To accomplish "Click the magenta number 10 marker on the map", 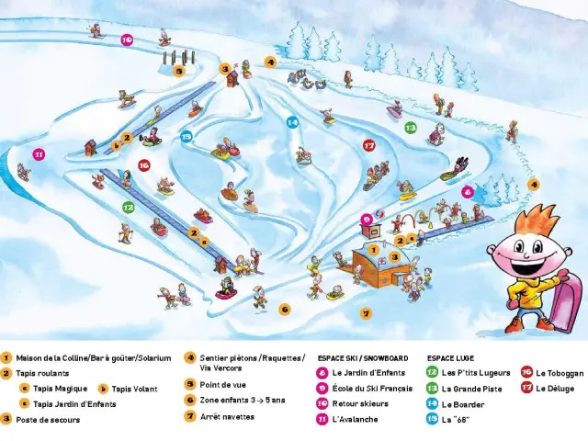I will [127, 40].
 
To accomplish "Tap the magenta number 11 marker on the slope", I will [39, 154].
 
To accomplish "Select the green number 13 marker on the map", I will [411, 128].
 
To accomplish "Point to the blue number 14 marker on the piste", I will [292, 121].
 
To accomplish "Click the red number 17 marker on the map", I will [369, 145].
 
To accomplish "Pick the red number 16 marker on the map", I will [143, 165].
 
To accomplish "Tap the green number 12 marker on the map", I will [129, 208].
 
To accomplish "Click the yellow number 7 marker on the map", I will [367, 313].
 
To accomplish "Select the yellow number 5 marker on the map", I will [179, 69].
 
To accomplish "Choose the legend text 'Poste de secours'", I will [48, 420].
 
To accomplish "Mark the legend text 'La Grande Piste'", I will [471, 389].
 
